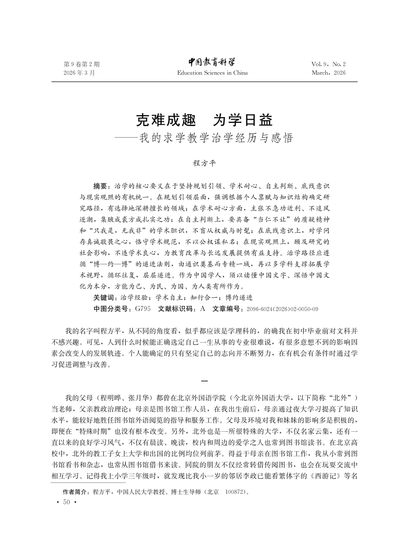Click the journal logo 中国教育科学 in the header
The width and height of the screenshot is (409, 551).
click(x=212, y=62)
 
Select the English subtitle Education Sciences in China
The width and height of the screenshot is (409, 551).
click(x=212, y=73)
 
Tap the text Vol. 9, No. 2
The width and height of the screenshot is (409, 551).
click(x=328, y=64)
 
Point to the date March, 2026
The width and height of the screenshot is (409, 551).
click(x=328, y=73)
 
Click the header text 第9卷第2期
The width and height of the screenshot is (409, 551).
click(x=81, y=64)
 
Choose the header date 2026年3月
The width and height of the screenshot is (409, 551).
click(x=79, y=73)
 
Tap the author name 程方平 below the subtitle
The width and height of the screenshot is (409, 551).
click(x=204, y=163)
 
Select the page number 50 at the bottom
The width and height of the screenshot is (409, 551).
click(x=66, y=503)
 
